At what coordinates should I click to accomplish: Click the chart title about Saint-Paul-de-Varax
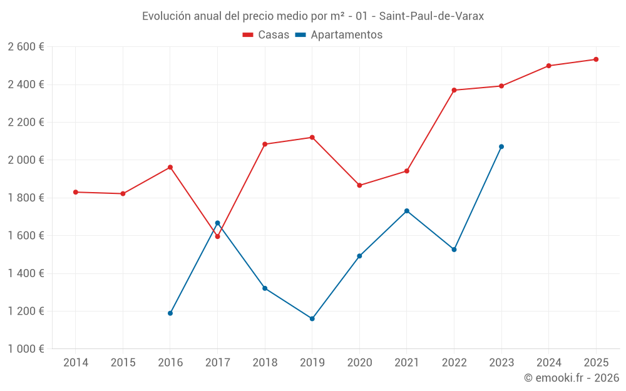point(312,16)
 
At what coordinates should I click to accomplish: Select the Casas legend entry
point(266,35)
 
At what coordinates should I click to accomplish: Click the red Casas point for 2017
point(217,236)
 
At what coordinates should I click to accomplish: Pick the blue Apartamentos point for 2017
point(217,223)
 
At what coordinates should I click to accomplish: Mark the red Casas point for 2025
point(596,59)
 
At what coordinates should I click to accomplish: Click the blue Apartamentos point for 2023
point(501,147)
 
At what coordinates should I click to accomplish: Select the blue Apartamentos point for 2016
point(170,313)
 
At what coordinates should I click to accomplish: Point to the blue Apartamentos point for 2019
point(312,319)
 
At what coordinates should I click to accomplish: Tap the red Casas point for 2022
point(454,90)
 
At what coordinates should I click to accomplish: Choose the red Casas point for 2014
point(76,192)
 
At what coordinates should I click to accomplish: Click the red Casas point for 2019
point(312,138)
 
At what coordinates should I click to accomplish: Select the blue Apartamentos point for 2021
point(407,211)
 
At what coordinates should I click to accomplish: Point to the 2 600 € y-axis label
point(26,47)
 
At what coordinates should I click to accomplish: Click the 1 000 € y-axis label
point(26,349)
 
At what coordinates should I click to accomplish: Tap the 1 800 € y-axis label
point(26,198)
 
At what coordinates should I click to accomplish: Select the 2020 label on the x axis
point(359,363)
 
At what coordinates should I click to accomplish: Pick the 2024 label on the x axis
point(548,363)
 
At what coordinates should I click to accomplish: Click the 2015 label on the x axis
point(123,363)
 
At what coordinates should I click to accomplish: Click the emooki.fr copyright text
point(571,378)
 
